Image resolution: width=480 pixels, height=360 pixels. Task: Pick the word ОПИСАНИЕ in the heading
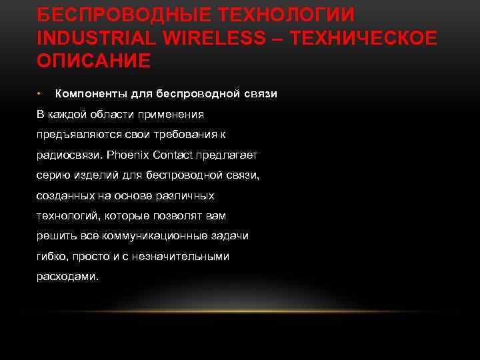pyautogui.click(x=94, y=61)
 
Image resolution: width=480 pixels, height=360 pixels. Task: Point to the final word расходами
pyautogui.click(x=67, y=277)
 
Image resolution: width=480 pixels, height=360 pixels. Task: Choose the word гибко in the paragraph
pyautogui.click(x=50, y=257)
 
